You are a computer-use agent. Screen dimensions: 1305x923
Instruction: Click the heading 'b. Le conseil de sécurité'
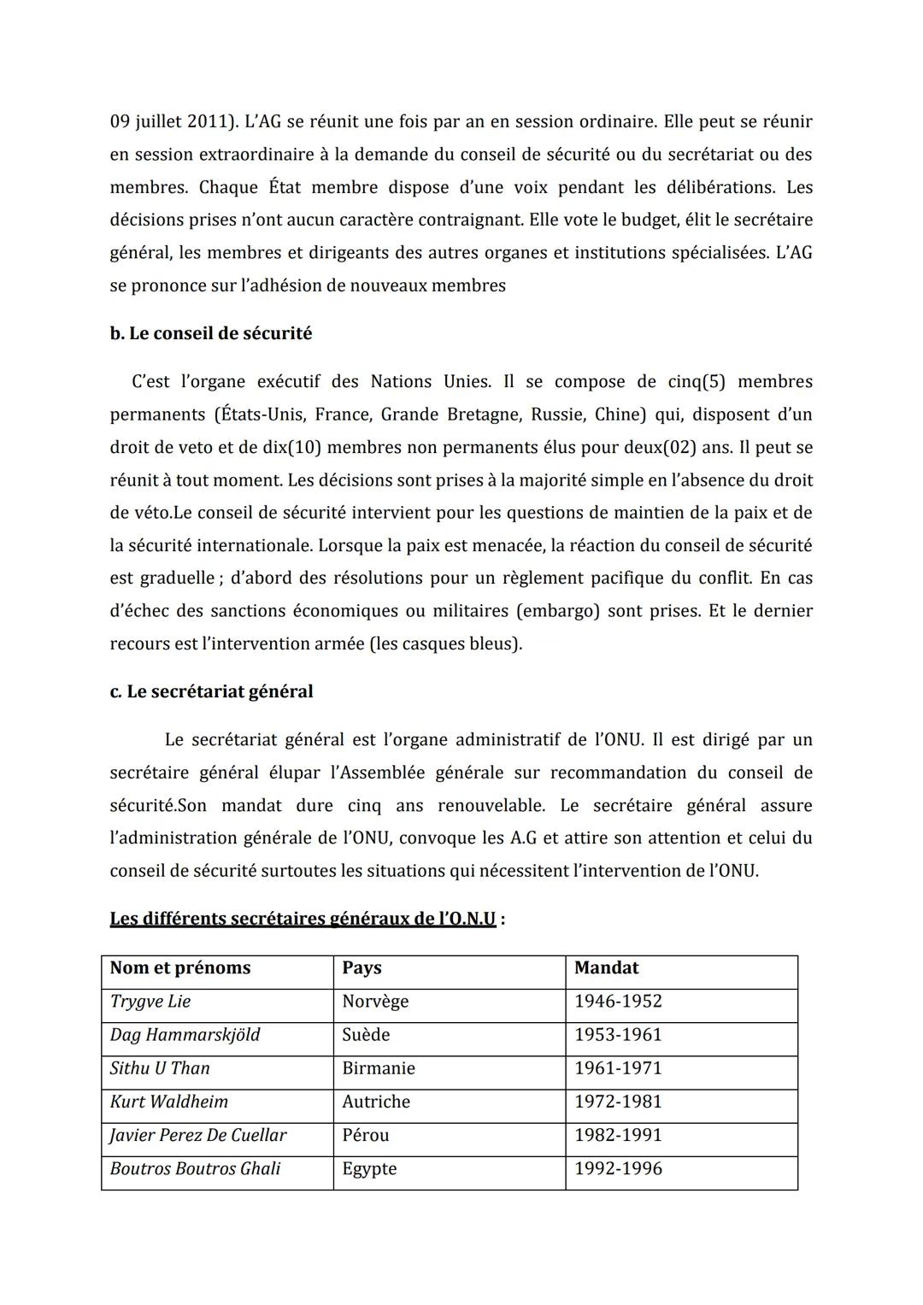click(210, 334)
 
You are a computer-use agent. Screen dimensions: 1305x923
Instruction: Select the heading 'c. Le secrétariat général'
click(211, 691)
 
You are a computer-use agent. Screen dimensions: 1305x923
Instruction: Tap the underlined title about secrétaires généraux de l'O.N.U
click(303, 920)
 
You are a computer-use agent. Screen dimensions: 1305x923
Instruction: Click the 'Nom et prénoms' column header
click(180, 968)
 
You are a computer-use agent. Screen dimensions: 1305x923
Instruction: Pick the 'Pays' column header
click(362, 968)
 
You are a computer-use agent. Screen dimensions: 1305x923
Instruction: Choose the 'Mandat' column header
click(606, 968)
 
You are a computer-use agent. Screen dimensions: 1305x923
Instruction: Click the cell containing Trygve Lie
click(150, 1002)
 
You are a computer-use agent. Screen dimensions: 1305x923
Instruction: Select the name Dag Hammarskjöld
click(185, 1035)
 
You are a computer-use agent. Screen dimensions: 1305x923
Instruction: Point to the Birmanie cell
click(378, 1068)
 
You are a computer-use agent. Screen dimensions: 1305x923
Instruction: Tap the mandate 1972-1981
click(618, 1102)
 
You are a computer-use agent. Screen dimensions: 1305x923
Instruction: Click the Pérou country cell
click(365, 1135)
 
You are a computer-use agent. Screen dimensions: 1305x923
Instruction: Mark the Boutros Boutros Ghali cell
click(195, 1169)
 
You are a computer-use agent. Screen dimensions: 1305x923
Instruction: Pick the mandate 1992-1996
click(618, 1169)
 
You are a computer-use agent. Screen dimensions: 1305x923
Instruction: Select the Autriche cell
click(376, 1102)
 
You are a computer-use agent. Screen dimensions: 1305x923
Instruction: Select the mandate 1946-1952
click(618, 1002)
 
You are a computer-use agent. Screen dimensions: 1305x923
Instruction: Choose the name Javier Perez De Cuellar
click(197, 1135)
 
